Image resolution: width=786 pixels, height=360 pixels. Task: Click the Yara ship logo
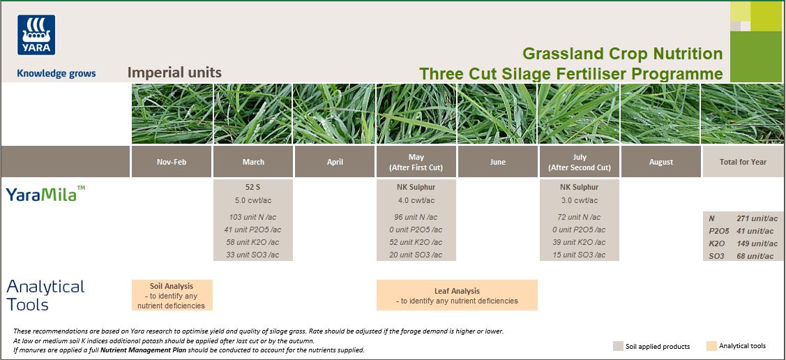(x=36, y=35)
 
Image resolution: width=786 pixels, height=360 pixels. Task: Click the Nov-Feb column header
(x=172, y=162)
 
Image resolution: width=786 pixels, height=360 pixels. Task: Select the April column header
(x=335, y=162)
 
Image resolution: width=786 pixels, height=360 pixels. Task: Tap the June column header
(x=497, y=162)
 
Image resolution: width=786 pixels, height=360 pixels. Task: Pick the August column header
(x=660, y=162)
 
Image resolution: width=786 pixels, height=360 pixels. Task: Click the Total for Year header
(x=743, y=162)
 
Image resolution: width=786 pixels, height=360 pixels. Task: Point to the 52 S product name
(x=253, y=187)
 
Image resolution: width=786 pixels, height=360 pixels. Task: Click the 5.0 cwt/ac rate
(x=253, y=201)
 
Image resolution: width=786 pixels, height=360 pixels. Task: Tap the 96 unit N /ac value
(x=416, y=217)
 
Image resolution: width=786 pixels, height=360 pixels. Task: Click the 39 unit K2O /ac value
(x=579, y=242)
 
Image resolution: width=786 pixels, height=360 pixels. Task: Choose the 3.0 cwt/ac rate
(x=579, y=201)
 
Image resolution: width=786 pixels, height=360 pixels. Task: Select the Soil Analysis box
(x=172, y=295)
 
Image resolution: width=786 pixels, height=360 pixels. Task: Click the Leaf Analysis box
(x=457, y=295)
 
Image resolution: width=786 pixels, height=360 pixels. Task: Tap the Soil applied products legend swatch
(x=618, y=346)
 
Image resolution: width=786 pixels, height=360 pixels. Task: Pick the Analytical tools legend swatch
(x=711, y=346)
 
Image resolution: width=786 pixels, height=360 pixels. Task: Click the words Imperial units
(x=174, y=72)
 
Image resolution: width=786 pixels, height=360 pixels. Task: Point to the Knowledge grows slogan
(x=56, y=73)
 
